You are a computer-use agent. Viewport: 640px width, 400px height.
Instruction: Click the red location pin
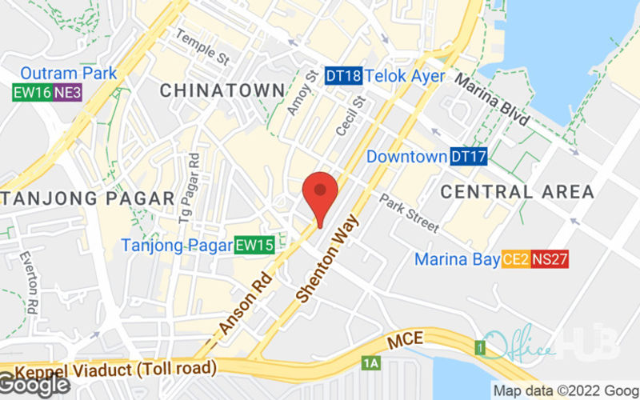pos(320,195)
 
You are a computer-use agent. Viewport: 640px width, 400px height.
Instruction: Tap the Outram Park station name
pos(69,74)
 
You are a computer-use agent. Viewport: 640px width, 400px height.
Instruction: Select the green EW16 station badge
pos(33,92)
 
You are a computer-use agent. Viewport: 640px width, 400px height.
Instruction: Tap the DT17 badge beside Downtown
pos(468,157)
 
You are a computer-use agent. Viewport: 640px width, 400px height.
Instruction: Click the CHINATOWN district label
pos(222,90)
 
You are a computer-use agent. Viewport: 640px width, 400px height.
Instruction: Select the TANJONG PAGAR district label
pos(88,198)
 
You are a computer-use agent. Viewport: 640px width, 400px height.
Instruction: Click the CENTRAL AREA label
pos(518,192)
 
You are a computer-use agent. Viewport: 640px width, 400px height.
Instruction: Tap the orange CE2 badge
pos(514,259)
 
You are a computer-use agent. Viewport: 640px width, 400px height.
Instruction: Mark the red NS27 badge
pos(550,259)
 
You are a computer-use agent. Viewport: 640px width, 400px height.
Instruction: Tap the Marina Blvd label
pos(492,99)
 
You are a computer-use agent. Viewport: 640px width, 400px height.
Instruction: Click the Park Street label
pos(409,213)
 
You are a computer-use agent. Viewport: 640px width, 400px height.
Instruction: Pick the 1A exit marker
pos(370,363)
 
